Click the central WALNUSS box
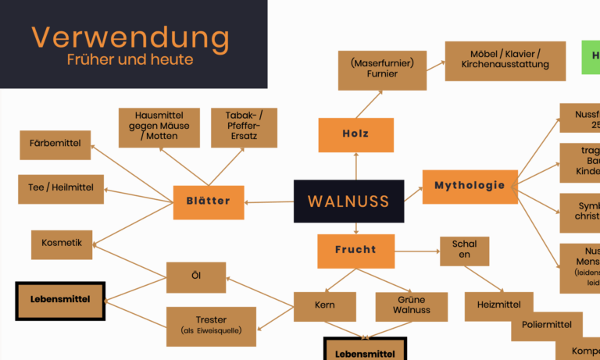click(x=348, y=201)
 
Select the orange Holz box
click(x=355, y=134)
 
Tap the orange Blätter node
click(x=209, y=201)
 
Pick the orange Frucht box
click(x=355, y=251)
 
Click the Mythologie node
click(x=470, y=187)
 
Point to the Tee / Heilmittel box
click(x=61, y=189)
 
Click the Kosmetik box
click(x=62, y=244)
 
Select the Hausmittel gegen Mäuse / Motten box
click(x=159, y=128)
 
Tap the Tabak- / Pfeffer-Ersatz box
click(x=244, y=128)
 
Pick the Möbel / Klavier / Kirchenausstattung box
click(x=505, y=61)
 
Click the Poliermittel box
click(x=547, y=326)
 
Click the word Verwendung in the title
click(x=130, y=37)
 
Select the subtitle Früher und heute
click(x=130, y=59)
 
